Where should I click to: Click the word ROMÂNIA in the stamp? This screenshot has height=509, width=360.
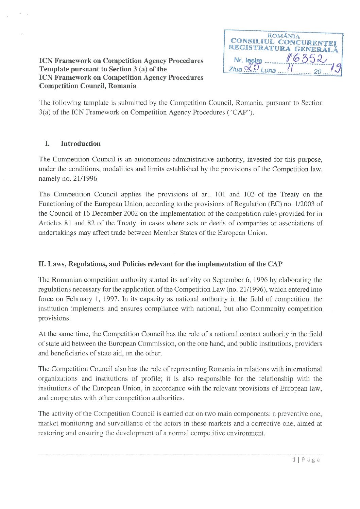[284, 36]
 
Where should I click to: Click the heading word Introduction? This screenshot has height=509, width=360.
[81, 143]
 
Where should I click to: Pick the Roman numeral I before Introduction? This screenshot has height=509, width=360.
[47, 143]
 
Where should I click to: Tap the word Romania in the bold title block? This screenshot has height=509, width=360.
[122, 86]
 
